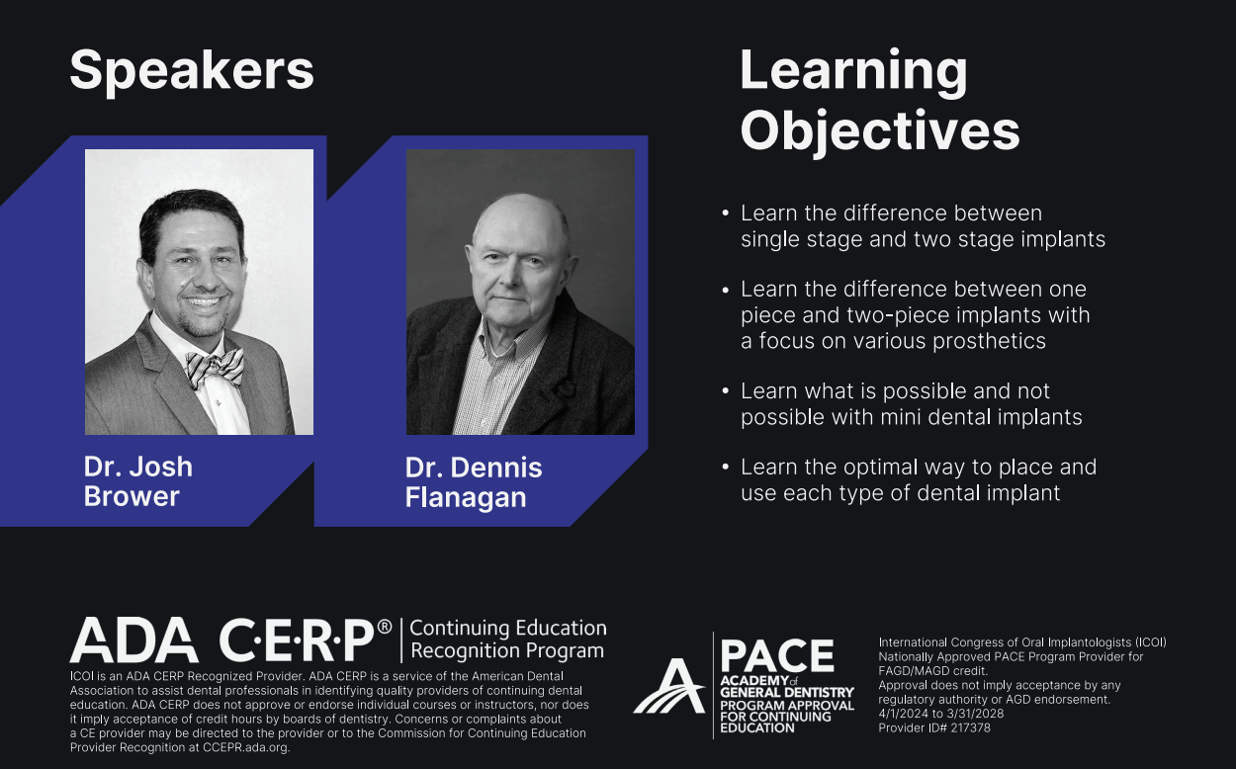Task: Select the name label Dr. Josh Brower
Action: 138,481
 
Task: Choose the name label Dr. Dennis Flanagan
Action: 474,482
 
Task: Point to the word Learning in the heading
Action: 853,72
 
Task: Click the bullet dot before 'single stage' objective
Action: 725,214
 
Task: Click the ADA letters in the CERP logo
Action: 133,640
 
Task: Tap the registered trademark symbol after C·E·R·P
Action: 385,627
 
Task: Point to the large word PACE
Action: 777,656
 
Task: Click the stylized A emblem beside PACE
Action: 670,687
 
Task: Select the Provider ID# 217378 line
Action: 934,728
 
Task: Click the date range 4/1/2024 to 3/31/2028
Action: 940,714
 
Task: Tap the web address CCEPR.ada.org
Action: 245,748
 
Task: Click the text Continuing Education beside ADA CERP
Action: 508,628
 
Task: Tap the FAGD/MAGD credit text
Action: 932,671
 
